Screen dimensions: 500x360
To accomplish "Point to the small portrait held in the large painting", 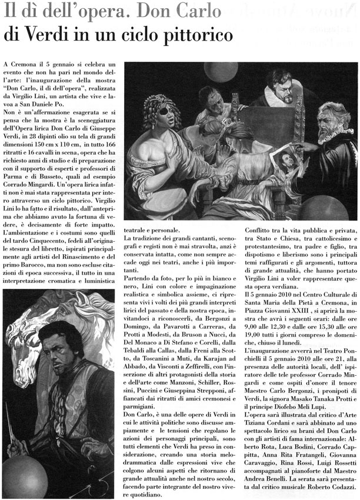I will (x=286, y=159).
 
